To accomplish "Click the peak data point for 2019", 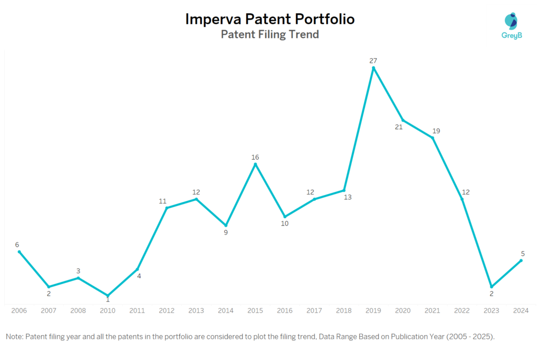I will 373,67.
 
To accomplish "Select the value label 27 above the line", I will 373,61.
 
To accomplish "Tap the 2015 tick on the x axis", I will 255,311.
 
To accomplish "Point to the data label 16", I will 255,157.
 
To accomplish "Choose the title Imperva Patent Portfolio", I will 269,20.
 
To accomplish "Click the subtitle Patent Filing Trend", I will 269,35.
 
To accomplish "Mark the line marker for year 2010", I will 108,296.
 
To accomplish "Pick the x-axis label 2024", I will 521,311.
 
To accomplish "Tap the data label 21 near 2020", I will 399,127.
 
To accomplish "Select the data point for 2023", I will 491,287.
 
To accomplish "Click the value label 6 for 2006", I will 17,245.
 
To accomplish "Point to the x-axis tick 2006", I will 19,311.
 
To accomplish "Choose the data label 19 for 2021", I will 437,131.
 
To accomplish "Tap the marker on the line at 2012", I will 167,208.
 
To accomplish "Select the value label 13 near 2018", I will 347,197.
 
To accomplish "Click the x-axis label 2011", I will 137,311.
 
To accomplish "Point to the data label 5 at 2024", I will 523,254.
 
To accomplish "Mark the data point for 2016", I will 285,217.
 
